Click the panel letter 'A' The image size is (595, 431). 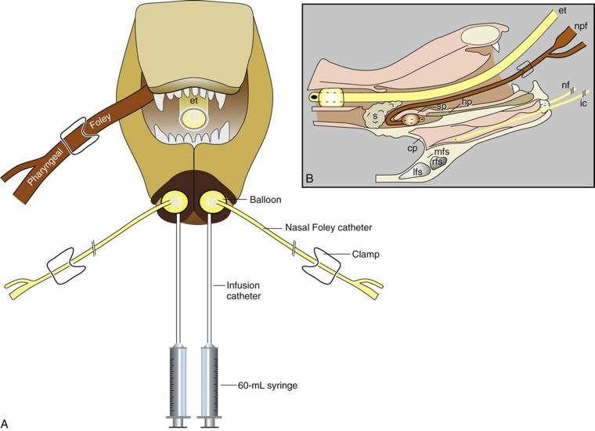click(x=6, y=423)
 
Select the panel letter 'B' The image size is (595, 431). click(x=310, y=179)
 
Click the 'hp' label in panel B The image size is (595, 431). click(x=466, y=102)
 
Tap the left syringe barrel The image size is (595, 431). click(x=177, y=380)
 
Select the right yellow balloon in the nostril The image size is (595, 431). click(x=212, y=203)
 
